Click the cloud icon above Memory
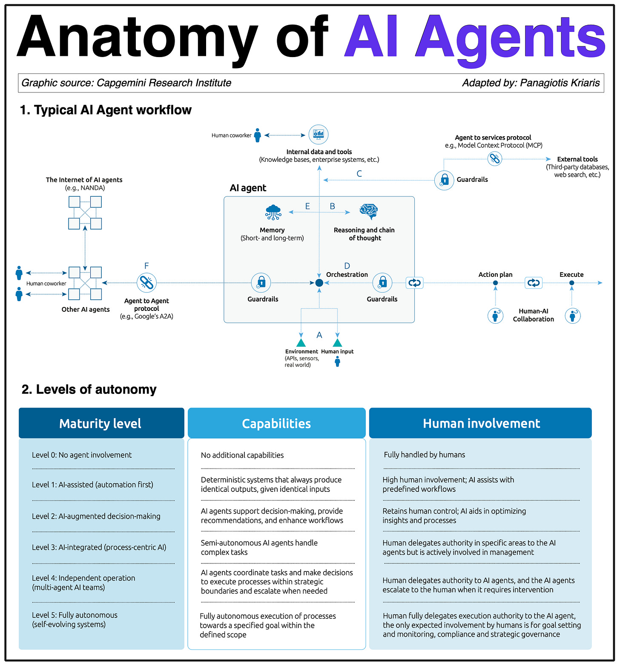pos(273,212)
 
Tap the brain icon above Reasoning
pos(368,211)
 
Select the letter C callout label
pos(359,174)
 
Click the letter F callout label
pos(146,266)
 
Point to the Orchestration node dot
pos(319,283)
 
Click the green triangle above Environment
pos(301,342)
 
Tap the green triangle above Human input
pos(337,342)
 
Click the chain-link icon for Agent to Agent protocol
pos(147,282)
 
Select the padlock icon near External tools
pos(444,180)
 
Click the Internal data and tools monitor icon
pos(318,134)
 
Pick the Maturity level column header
pos(100,423)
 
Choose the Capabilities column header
pos(276,423)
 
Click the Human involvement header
pos(481,423)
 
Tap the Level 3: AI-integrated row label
pos(99,547)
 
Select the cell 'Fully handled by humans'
pos(424,455)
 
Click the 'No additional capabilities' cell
pos(242,455)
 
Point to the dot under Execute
pos(571,283)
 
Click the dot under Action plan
pos(495,283)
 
